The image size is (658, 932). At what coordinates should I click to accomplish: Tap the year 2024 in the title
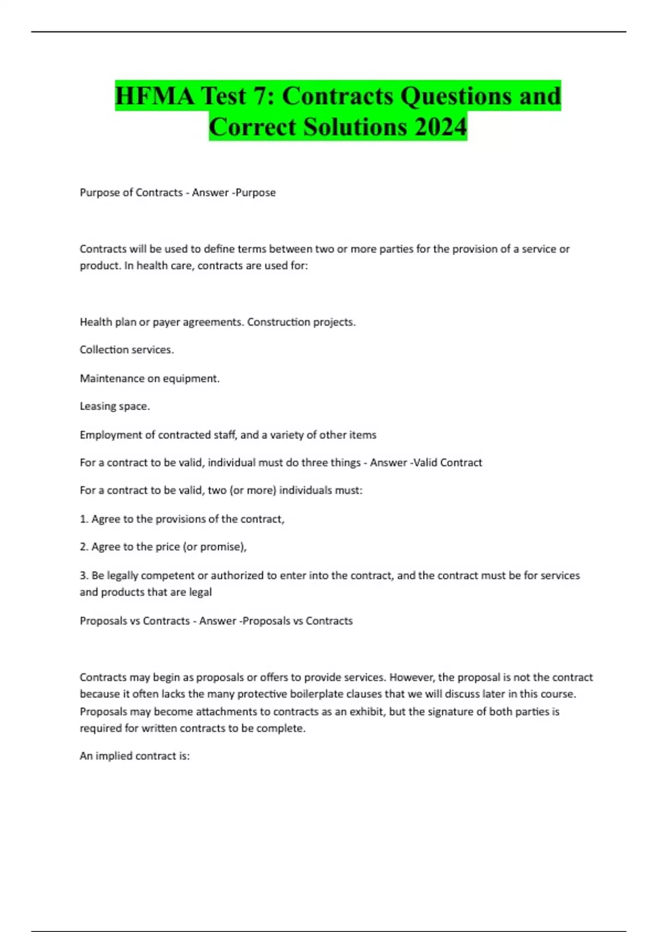[x=440, y=127]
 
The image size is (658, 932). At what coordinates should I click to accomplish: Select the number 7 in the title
[x=264, y=96]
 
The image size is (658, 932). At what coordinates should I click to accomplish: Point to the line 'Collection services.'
[x=127, y=350]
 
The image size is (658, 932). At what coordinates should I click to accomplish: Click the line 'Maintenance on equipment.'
[x=150, y=378]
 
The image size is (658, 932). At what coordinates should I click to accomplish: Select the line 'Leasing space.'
[x=115, y=406]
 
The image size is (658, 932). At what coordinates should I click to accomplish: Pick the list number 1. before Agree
[x=84, y=519]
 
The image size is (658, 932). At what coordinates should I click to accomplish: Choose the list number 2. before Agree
[x=84, y=547]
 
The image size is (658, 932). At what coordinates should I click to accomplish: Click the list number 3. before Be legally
[x=84, y=575]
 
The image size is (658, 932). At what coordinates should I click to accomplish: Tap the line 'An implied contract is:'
[x=135, y=756]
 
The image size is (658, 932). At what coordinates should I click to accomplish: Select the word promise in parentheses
[x=220, y=547]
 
